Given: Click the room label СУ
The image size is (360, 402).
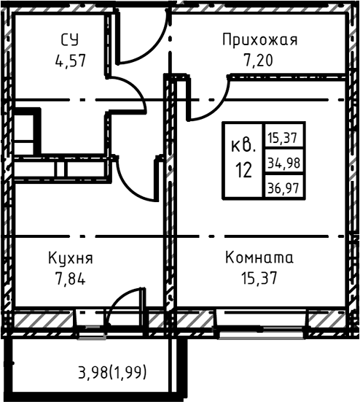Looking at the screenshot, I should pyautogui.click(x=70, y=39).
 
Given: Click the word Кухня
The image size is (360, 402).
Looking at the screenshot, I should pyautogui.click(x=70, y=258).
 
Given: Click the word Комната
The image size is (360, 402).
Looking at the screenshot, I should pyautogui.click(x=259, y=258).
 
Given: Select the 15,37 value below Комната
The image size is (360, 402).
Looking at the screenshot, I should pyautogui.click(x=259, y=277).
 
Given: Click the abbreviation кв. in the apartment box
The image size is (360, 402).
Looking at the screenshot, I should pyautogui.click(x=243, y=146).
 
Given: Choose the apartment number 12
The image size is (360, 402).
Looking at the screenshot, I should pyautogui.click(x=243, y=171).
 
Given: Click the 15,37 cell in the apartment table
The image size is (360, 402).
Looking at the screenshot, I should pyautogui.click(x=285, y=136).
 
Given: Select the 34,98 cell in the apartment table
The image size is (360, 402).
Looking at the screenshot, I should pyautogui.click(x=285, y=161).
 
